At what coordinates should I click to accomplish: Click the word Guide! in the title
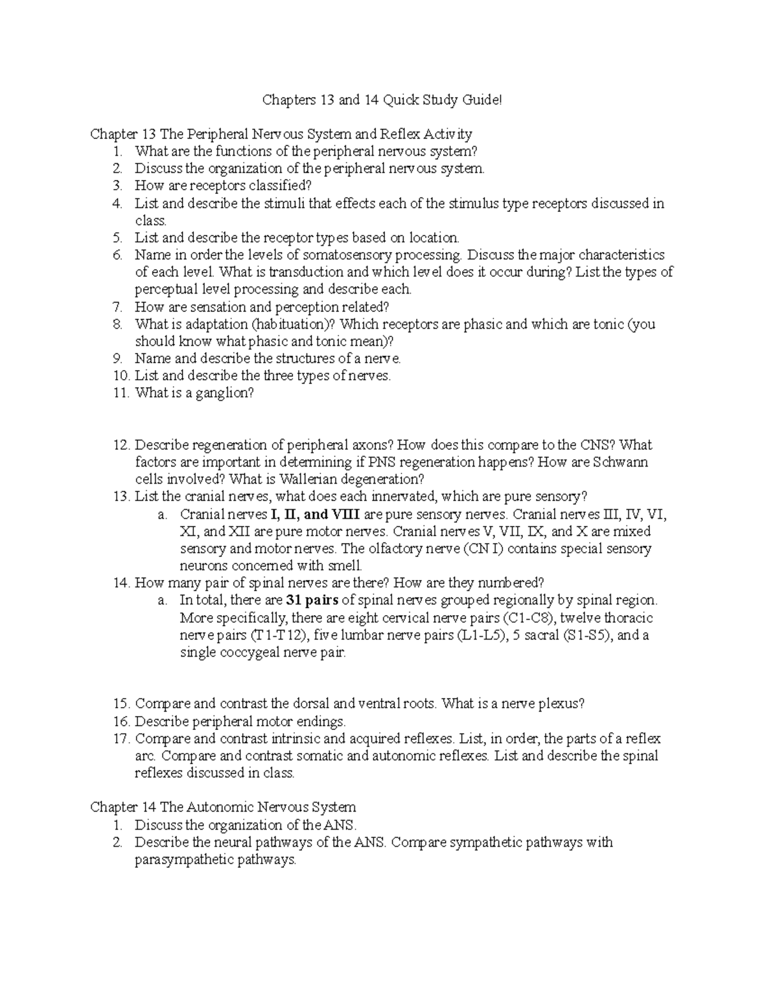484,100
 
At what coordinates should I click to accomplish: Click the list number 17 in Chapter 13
121,739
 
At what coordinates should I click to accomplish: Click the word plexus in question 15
560,704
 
